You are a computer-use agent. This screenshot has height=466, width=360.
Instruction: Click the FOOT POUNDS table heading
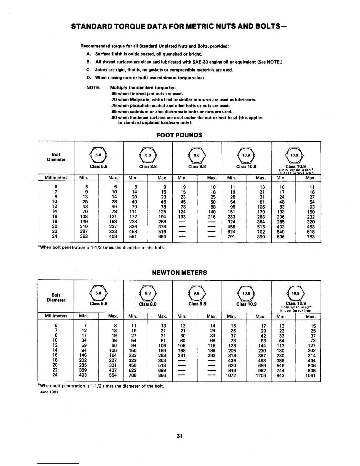coord(179,135)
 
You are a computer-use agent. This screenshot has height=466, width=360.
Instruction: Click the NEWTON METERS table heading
coord(179,273)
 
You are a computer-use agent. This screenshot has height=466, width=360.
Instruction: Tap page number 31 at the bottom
coord(180,436)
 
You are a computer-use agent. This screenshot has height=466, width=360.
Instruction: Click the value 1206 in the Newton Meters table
coord(261,375)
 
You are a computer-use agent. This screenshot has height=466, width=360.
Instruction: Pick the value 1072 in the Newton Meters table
coord(231,375)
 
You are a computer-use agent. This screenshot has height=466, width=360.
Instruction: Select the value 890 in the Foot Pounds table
coord(261,237)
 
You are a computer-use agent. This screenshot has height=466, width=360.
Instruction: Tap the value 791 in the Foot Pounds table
coord(231,237)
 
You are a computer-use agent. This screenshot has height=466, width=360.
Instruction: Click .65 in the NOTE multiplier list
coord(113,94)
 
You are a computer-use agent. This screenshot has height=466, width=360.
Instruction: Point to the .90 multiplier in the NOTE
coord(113,118)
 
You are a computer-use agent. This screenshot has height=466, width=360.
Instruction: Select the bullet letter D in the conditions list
coord(88,78)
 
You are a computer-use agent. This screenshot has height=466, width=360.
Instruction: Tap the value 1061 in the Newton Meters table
coord(311,375)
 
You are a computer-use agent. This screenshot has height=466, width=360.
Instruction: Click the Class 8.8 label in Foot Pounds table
coord(148,167)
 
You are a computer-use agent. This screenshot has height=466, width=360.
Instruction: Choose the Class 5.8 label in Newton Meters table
coord(99,304)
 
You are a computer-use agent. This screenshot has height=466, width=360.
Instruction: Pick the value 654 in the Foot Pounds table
coord(162,237)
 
